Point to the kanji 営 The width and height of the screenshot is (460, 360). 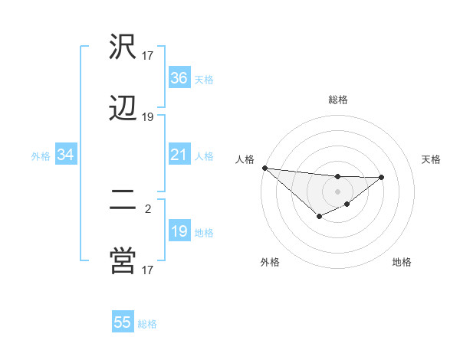pos(123,261)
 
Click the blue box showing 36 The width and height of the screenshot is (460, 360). pos(179,78)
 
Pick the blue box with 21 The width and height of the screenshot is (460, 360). pos(179,155)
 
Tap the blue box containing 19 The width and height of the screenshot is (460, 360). pos(179,231)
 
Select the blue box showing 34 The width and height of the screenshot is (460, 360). pos(66,155)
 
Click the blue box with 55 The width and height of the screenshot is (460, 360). pos(123,322)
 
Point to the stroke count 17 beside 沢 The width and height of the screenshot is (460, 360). pos(148,55)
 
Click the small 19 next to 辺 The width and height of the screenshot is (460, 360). pos(148,117)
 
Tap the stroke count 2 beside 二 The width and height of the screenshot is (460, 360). pos(148,207)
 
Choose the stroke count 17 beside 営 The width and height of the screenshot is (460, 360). pos(148,269)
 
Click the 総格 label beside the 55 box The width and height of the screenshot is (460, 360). pos(147,324)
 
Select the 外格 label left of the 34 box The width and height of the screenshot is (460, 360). pos(41,156)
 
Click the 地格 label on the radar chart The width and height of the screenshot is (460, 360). pos(402,262)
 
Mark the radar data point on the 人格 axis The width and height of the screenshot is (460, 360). pos(264,168)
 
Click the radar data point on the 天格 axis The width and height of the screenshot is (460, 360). pos(382,177)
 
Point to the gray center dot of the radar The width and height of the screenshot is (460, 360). pos(337,191)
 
